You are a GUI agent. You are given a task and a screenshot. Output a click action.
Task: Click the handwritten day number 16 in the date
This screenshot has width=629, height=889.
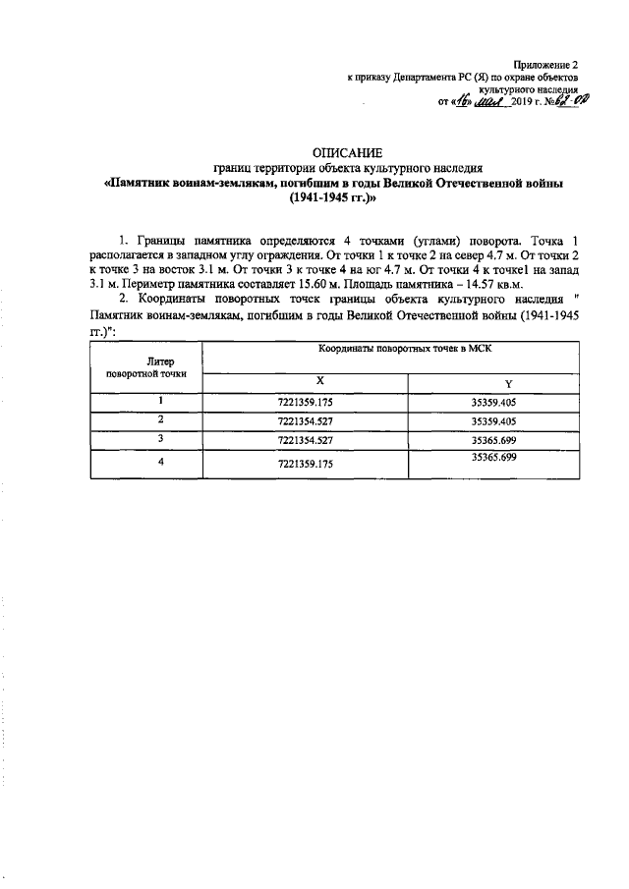coord(459,101)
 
